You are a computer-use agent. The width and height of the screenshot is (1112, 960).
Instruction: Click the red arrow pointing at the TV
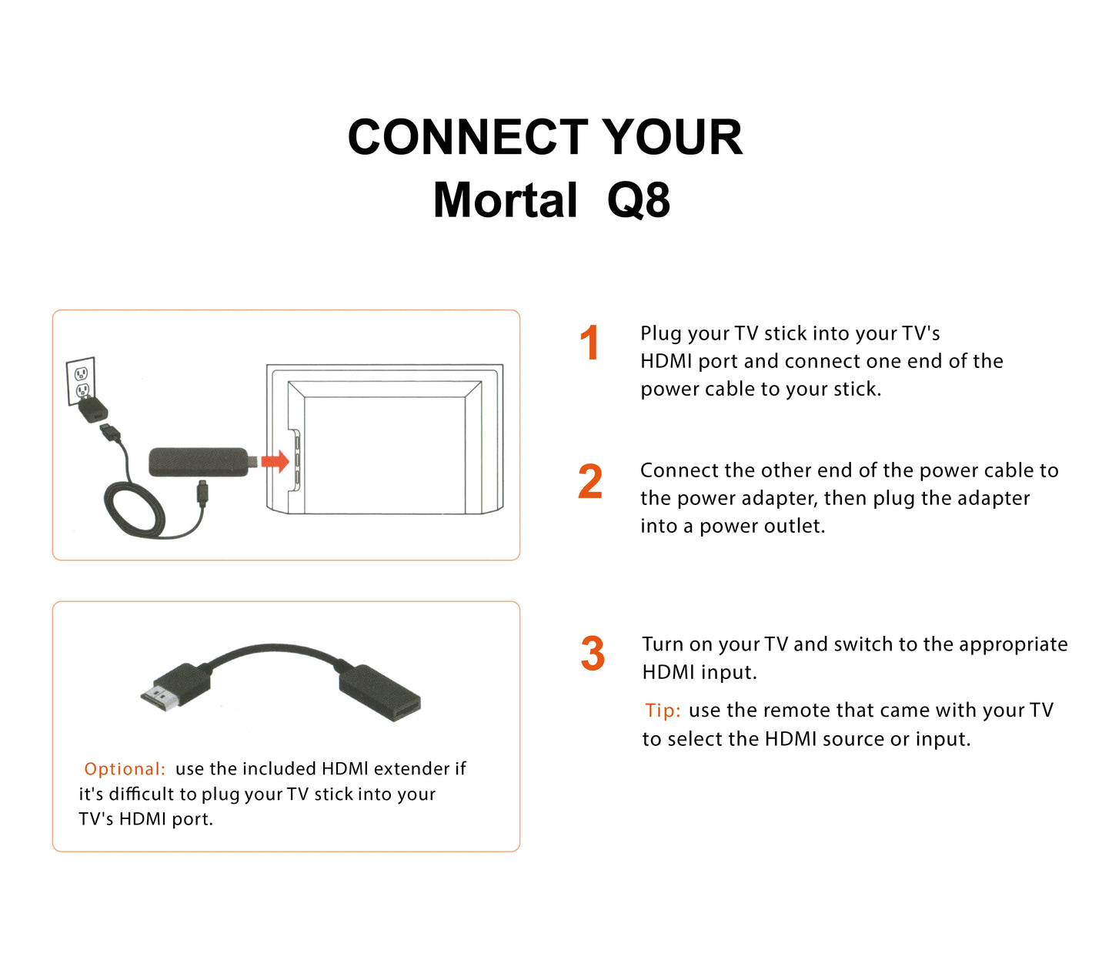275,461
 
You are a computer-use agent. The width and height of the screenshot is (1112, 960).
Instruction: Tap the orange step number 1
589,343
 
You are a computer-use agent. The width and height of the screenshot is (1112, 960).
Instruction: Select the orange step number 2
590,482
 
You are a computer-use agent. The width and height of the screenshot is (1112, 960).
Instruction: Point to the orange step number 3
593,654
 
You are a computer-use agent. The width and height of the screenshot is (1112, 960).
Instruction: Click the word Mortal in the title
505,200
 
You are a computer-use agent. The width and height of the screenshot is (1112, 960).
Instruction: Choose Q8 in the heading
639,200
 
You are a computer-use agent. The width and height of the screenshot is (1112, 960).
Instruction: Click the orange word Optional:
125,769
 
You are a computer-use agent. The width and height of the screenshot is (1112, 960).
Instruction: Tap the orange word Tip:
663,711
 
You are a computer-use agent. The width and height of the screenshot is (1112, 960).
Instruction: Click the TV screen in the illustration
385,454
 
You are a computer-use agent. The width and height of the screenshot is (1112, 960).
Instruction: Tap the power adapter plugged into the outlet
93,407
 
